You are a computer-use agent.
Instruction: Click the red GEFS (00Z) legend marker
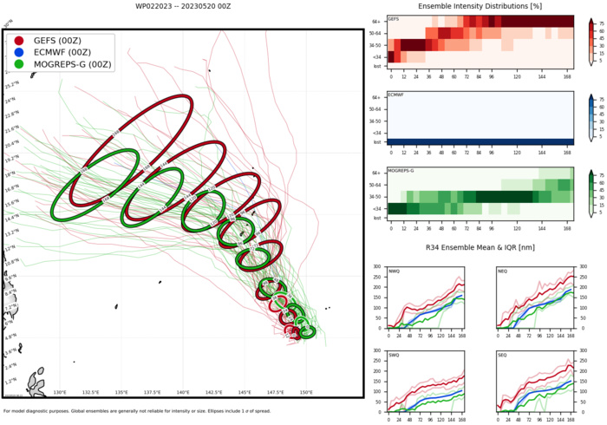[x=19, y=41]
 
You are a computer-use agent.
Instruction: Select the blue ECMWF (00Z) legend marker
[x=19, y=52]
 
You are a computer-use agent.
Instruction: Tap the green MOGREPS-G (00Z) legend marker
[x=19, y=64]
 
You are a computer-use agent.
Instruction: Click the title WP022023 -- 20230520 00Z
[x=183, y=6]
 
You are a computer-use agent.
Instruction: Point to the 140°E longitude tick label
[x=183, y=392]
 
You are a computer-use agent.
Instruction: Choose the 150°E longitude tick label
[x=306, y=392]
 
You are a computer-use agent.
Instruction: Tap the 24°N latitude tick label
[x=10, y=100]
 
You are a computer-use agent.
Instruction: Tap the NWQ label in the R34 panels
[x=395, y=270]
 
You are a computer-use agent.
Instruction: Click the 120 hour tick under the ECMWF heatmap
[x=517, y=148]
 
